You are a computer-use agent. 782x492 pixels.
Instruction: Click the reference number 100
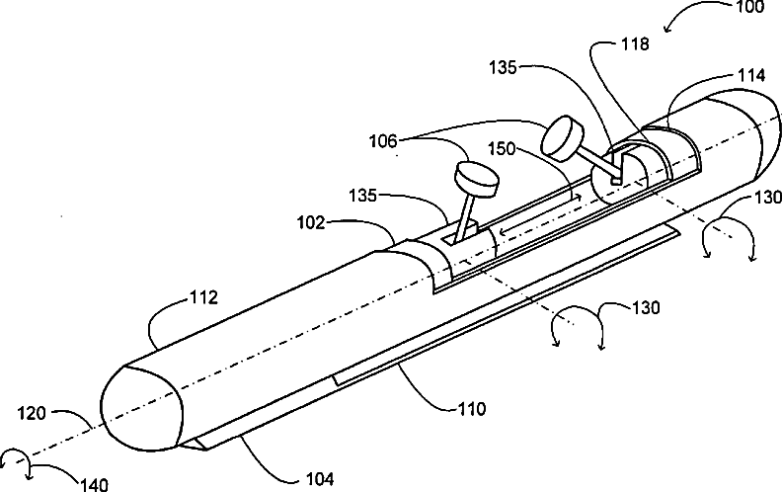[749, 7]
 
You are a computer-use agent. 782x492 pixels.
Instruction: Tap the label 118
[635, 43]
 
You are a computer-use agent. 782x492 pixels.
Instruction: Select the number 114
[751, 75]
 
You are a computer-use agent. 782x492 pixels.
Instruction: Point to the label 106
[383, 141]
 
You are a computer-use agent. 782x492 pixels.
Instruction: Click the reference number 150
[502, 148]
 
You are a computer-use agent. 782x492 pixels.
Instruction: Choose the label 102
[311, 222]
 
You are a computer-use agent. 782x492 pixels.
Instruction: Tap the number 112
[204, 297]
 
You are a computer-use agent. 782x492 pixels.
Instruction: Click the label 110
[471, 409]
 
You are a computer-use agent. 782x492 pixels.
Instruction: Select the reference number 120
[32, 413]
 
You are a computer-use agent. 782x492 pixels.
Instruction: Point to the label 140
[93, 484]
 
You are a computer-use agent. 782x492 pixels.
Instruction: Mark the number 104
[320, 479]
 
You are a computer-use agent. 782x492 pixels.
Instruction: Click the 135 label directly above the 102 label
[362, 195]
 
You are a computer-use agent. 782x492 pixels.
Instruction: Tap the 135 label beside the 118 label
[503, 67]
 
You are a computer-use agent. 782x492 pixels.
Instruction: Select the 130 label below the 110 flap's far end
[646, 308]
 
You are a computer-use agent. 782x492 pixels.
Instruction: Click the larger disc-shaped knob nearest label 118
[563, 138]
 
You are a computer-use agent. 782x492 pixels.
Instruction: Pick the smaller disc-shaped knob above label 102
[476, 179]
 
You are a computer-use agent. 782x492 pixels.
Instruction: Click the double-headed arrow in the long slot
[540, 214]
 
